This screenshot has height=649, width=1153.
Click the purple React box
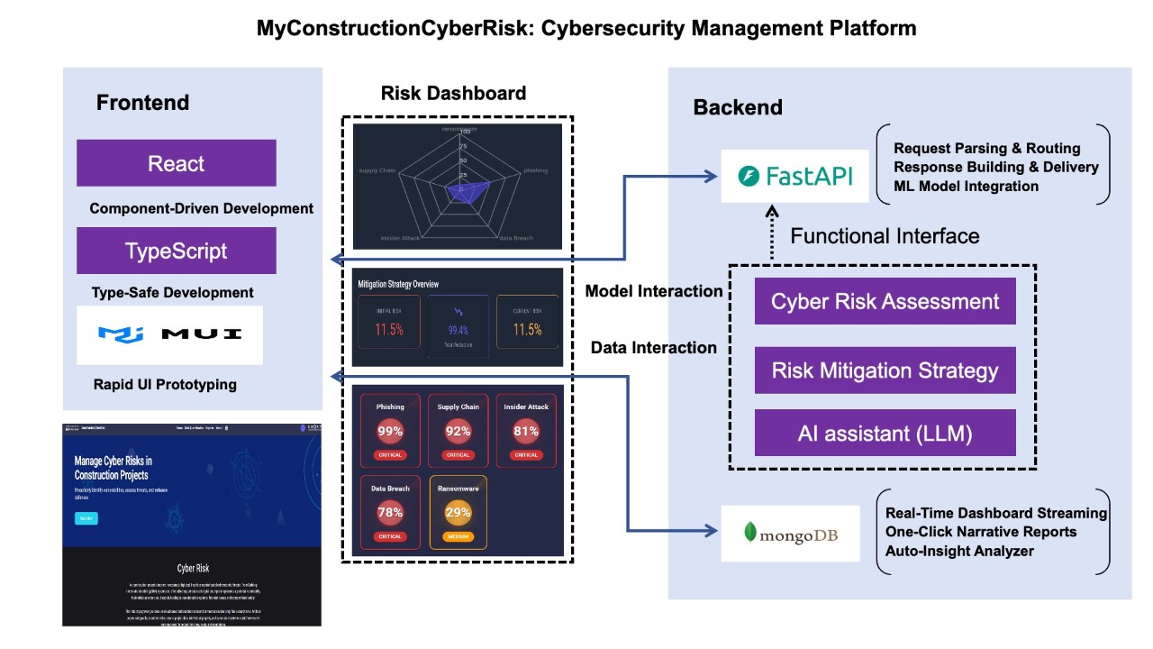[x=177, y=163]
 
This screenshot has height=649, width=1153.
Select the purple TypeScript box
[x=177, y=251]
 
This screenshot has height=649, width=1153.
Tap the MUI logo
[x=169, y=334]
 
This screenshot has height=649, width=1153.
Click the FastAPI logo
[x=795, y=177]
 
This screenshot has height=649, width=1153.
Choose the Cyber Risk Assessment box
[x=885, y=301]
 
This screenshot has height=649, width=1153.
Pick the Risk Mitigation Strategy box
[x=885, y=370]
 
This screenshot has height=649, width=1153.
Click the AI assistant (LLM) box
[x=885, y=433]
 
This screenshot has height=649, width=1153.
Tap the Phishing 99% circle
[x=390, y=431]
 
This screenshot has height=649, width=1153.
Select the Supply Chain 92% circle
[x=458, y=431]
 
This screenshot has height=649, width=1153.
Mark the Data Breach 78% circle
[x=390, y=512]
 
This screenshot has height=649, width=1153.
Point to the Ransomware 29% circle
[x=458, y=512]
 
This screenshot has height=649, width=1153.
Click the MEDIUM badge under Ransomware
[x=458, y=536]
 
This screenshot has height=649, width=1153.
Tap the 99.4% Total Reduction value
[x=458, y=331]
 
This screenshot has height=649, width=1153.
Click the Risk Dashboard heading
[x=453, y=93]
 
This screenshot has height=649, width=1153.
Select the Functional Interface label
[x=885, y=236]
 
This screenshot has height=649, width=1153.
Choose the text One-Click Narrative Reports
[x=981, y=531]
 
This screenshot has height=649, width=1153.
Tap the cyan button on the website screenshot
[x=86, y=518]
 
